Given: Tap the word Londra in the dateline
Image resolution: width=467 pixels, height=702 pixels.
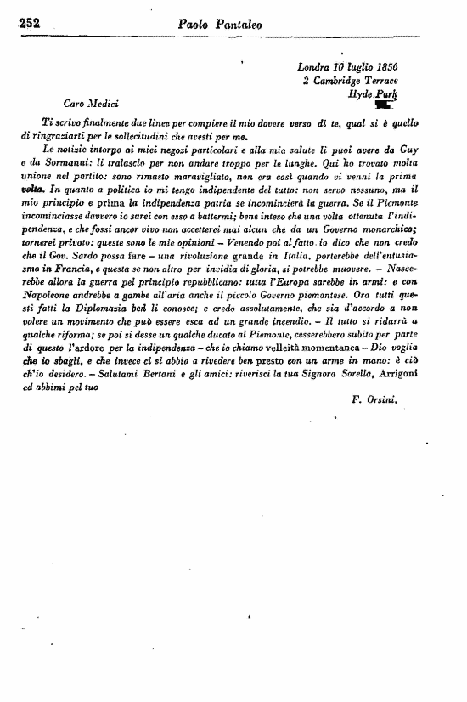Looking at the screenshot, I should [x=316, y=67].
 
